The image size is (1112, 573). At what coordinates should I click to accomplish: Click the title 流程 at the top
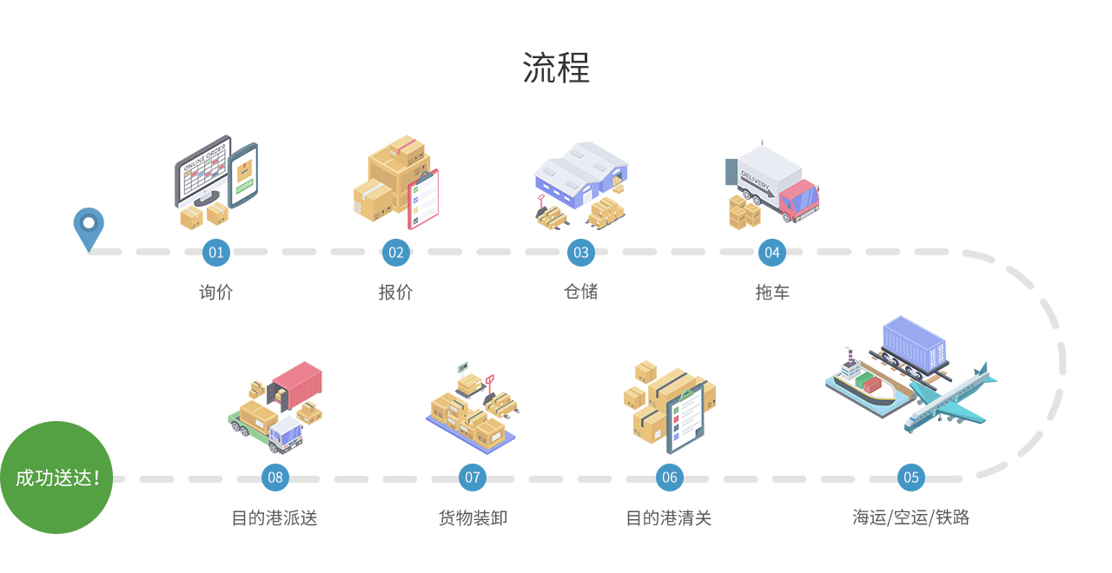click(x=556, y=68)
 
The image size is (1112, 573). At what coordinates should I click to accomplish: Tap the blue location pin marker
click(x=88, y=227)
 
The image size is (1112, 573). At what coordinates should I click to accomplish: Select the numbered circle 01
click(x=215, y=253)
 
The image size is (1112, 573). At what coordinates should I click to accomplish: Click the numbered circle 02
click(x=396, y=253)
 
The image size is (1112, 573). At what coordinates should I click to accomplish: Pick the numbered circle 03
click(x=580, y=253)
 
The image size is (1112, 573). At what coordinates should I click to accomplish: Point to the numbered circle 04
click(x=771, y=253)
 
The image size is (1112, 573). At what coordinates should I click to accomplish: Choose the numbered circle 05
click(x=910, y=477)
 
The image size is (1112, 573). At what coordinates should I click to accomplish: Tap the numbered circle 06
click(x=669, y=477)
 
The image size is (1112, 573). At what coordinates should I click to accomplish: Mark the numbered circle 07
click(x=472, y=477)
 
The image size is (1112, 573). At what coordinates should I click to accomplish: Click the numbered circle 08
click(x=275, y=477)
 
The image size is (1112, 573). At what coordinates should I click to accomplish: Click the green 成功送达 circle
click(x=56, y=477)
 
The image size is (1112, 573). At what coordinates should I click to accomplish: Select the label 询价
click(x=215, y=292)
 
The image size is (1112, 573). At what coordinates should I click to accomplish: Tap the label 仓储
click(x=580, y=292)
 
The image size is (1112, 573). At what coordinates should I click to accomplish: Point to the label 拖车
click(x=771, y=292)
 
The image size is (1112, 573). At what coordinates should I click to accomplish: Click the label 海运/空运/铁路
click(x=910, y=517)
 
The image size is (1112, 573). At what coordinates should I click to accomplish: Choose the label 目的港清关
click(x=669, y=517)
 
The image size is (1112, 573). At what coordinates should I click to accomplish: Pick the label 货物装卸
click(x=472, y=517)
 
